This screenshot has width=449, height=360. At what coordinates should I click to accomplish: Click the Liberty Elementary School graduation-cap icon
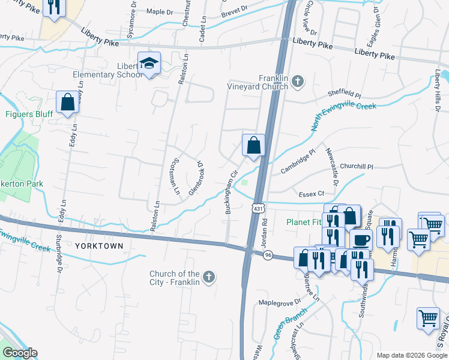tap(148, 63)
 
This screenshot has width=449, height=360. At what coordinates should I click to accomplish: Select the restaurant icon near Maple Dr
tap(55, 7)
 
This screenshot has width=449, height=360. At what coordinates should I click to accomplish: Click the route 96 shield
tap(268, 254)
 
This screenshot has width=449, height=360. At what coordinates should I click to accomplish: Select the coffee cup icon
tap(361, 240)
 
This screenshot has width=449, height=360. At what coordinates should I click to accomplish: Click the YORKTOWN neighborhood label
tap(100, 246)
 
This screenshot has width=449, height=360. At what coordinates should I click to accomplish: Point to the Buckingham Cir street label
tap(229, 196)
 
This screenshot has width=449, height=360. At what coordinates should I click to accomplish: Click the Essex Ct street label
tap(311, 194)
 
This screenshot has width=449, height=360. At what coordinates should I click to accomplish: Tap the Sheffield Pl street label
tap(344, 95)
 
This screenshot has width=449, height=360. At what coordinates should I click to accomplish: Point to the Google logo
tap(19, 353)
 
